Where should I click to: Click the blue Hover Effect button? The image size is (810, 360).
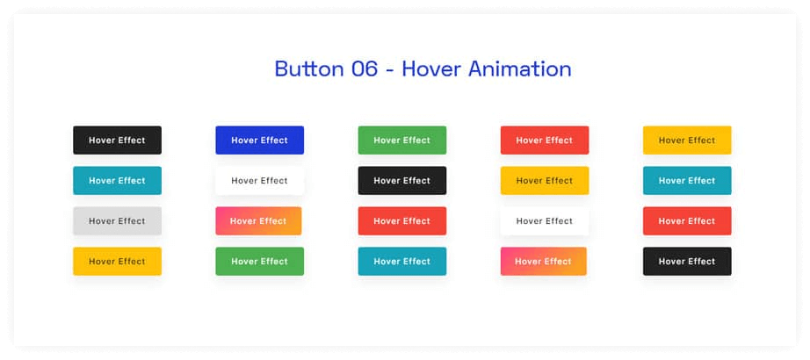pyautogui.click(x=259, y=140)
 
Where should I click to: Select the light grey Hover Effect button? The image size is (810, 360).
pyautogui.click(x=117, y=221)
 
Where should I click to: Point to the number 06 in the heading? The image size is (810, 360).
pyautogui.click(x=365, y=68)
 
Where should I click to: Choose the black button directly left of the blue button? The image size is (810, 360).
pyautogui.click(x=117, y=140)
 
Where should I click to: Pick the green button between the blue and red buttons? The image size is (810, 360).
pyautogui.click(x=401, y=140)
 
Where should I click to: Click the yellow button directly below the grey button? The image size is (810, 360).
pyautogui.click(x=117, y=262)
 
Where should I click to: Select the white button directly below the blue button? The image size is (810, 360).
pyautogui.click(x=259, y=181)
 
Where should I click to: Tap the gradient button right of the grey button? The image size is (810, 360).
pyautogui.click(x=258, y=221)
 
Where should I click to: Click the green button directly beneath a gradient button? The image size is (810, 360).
pyautogui.click(x=259, y=262)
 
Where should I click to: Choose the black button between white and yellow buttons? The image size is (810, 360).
pyautogui.click(x=401, y=181)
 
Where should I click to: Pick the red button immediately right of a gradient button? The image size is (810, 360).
pyautogui.click(x=401, y=221)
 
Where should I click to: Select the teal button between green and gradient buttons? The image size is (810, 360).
pyautogui.click(x=401, y=262)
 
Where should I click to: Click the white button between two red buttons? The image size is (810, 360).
pyautogui.click(x=544, y=221)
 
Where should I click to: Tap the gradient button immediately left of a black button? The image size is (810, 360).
pyautogui.click(x=543, y=262)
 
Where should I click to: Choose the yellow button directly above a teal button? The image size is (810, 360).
pyautogui.click(x=686, y=140)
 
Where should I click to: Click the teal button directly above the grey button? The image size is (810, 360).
pyautogui.click(x=117, y=181)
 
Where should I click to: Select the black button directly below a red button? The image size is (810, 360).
pyautogui.click(x=686, y=262)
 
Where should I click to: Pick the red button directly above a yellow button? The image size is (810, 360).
pyautogui.click(x=544, y=140)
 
